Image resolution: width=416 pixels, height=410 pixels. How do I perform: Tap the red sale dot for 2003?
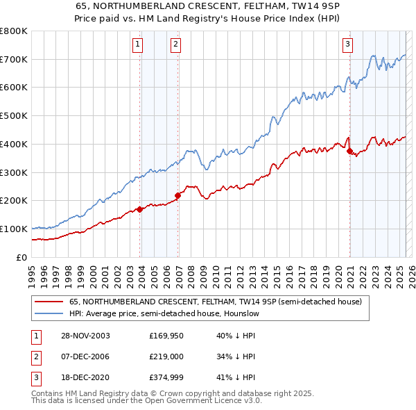pyautogui.click(x=140, y=208)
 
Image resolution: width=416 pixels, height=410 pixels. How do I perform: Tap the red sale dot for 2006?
pyautogui.click(x=177, y=195)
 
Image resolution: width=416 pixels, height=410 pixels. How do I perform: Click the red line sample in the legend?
pyautogui.click(x=50, y=302)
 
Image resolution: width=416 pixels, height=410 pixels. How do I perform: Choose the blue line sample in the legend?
pyautogui.click(x=50, y=314)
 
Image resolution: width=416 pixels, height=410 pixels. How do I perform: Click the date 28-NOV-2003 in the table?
pyautogui.click(x=81, y=336)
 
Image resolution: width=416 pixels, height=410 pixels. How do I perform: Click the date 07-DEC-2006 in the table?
pyautogui.click(x=81, y=357)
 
